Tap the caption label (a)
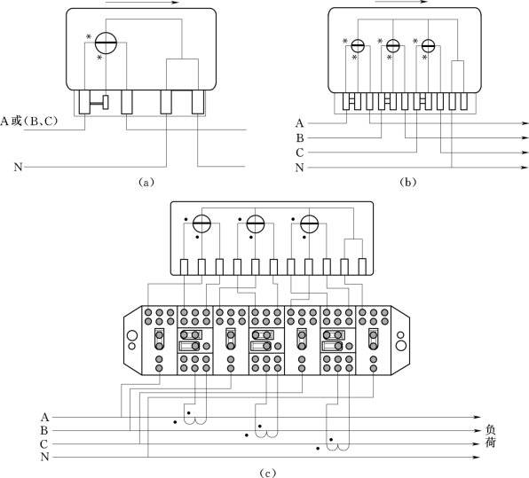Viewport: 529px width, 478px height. (146, 183)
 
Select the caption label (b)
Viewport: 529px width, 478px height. (408, 183)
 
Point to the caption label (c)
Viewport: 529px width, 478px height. (267, 473)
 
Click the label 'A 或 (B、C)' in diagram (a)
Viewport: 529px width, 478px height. (29, 121)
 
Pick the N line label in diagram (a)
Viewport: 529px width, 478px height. (19, 167)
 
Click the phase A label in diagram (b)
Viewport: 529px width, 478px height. (300, 123)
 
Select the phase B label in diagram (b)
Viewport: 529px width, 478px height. (300, 137)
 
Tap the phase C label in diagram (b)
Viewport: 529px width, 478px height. (300, 153)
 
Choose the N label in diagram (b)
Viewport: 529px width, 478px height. (300, 168)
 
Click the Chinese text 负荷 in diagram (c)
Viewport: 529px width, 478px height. (490, 435)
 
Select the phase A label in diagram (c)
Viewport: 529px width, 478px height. (45, 418)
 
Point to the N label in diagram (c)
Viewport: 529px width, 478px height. (45, 457)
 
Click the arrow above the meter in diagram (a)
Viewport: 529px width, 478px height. (142, 3)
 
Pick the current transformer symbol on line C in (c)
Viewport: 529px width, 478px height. (337, 447)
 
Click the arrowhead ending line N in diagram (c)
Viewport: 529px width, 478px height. (476, 457)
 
